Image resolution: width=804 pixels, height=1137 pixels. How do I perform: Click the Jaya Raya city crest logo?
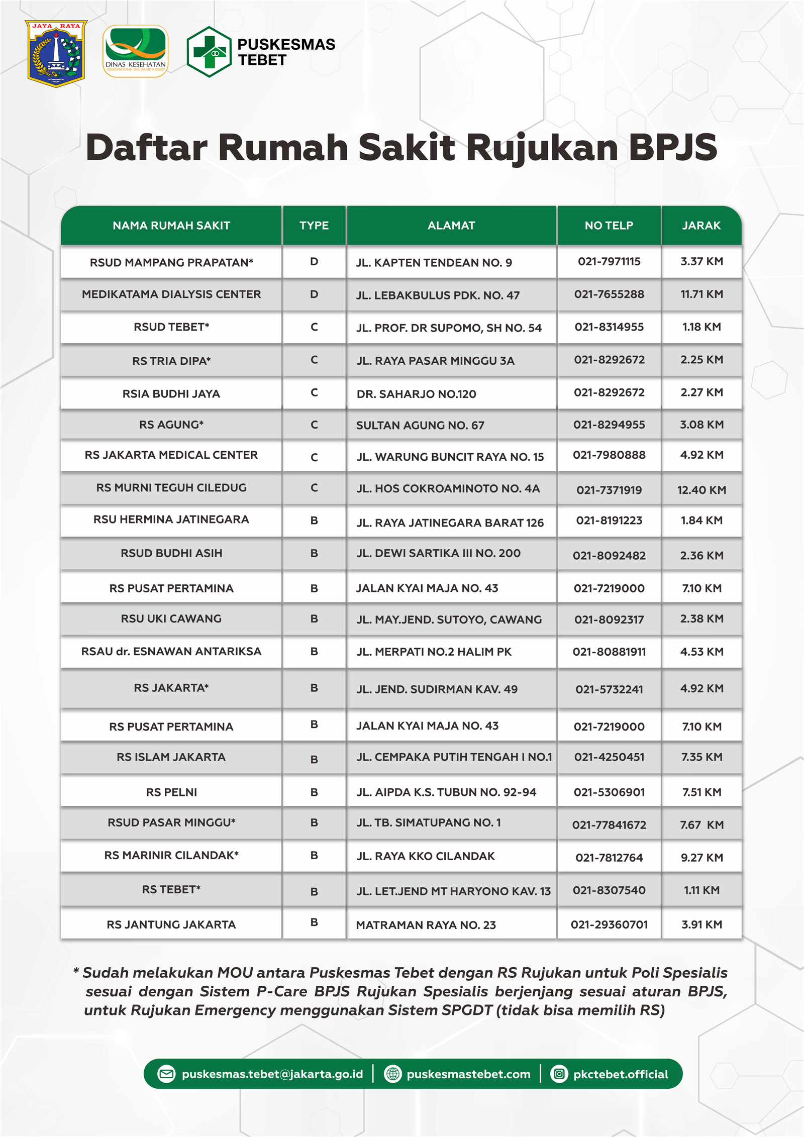(56, 53)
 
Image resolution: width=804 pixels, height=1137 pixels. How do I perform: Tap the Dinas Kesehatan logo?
(135, 52)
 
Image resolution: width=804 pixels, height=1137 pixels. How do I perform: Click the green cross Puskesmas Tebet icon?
(209, 52)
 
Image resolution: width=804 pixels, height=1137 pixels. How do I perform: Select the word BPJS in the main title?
(673, 148)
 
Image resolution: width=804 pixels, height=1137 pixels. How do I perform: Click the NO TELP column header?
(609, 226)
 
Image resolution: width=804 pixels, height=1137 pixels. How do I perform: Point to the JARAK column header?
(701, 226)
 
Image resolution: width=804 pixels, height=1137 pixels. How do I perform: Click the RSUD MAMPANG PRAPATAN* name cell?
(171, 262)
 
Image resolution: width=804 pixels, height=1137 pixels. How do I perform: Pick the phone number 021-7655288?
(609, 294)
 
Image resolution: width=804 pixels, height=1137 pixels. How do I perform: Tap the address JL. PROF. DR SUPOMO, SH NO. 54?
(449, 328)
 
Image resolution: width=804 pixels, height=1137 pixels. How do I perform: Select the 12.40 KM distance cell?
(701, 490)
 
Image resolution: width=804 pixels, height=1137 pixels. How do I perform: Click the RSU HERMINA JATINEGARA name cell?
(171, 520)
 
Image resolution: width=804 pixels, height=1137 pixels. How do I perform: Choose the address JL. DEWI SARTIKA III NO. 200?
(438, 553)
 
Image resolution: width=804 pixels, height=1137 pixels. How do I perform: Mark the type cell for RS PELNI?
(314, 792)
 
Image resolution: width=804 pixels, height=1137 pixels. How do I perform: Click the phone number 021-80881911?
(609, 652)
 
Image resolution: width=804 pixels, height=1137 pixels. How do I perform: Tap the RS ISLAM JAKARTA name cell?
(171, 757)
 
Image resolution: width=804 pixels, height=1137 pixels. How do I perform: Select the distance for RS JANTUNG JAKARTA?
(701, 924)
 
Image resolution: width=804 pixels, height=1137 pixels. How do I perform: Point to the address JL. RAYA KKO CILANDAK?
(426, 856)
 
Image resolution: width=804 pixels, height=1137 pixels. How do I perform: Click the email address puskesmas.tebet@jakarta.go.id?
(272, 1074)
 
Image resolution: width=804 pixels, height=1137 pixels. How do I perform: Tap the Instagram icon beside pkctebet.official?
(559, 1074)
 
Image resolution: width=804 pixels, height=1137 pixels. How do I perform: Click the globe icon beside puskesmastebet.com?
(392, 1074)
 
